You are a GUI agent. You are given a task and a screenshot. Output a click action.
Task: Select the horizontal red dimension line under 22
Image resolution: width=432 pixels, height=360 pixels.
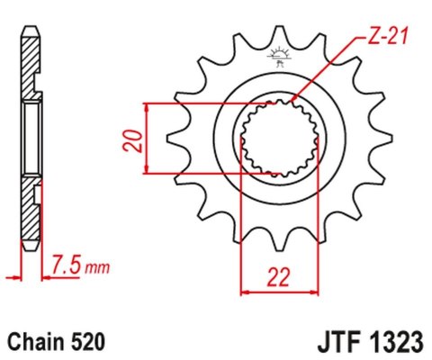tap(280, 291)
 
